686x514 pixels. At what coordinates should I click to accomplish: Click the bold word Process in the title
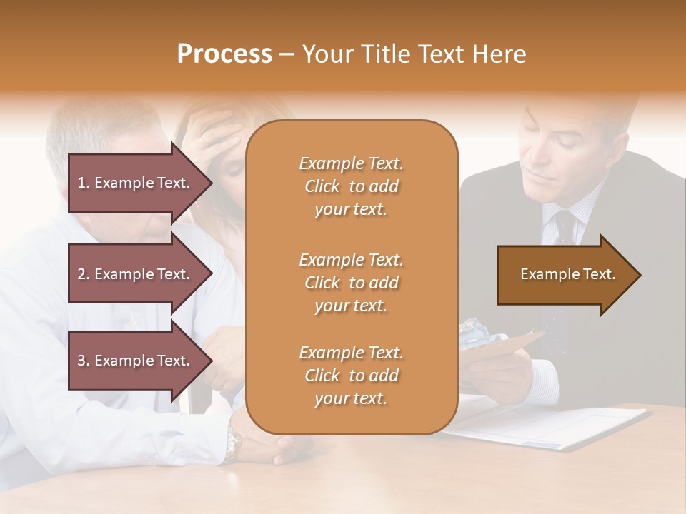coord(224,54)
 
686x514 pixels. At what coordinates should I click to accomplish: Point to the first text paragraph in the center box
coord(351,186)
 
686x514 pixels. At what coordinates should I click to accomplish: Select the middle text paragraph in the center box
coord(351,283)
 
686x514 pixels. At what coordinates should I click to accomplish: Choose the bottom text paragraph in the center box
coord(351,376)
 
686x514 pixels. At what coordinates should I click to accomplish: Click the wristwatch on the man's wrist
coord(233,443)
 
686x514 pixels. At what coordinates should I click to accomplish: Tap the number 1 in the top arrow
coord(81,183)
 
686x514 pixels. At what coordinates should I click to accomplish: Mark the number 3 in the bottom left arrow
coord(81,361)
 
